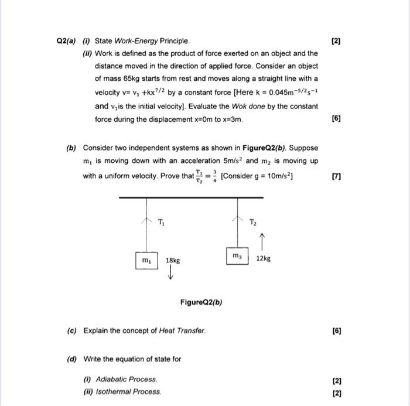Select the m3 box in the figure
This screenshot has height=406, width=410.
(237, 256)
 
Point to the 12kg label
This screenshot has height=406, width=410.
(263, 258)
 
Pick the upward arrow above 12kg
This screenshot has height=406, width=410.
(261, 240)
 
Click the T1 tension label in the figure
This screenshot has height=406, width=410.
(162, 221)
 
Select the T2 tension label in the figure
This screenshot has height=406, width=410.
(252, 221)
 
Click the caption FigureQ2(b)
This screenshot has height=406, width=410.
(201, 302)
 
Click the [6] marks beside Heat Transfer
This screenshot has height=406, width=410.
(336, 331)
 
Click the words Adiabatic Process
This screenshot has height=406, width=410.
(128, 380)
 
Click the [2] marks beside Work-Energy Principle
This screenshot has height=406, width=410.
(336, 41)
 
